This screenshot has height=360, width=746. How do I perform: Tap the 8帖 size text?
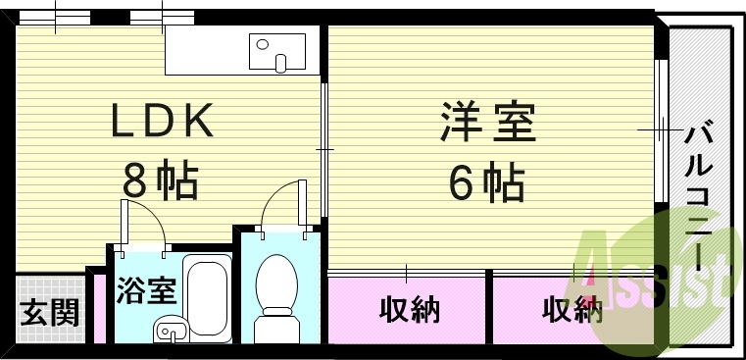161,180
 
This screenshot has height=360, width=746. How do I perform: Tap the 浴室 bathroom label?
146,291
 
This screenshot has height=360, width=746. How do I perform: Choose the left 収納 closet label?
409,311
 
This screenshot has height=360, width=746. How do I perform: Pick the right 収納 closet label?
572,311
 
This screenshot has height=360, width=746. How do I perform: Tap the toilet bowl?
277,284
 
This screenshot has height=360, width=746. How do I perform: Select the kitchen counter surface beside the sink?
205,50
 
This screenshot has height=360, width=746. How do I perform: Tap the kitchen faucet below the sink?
282,63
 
